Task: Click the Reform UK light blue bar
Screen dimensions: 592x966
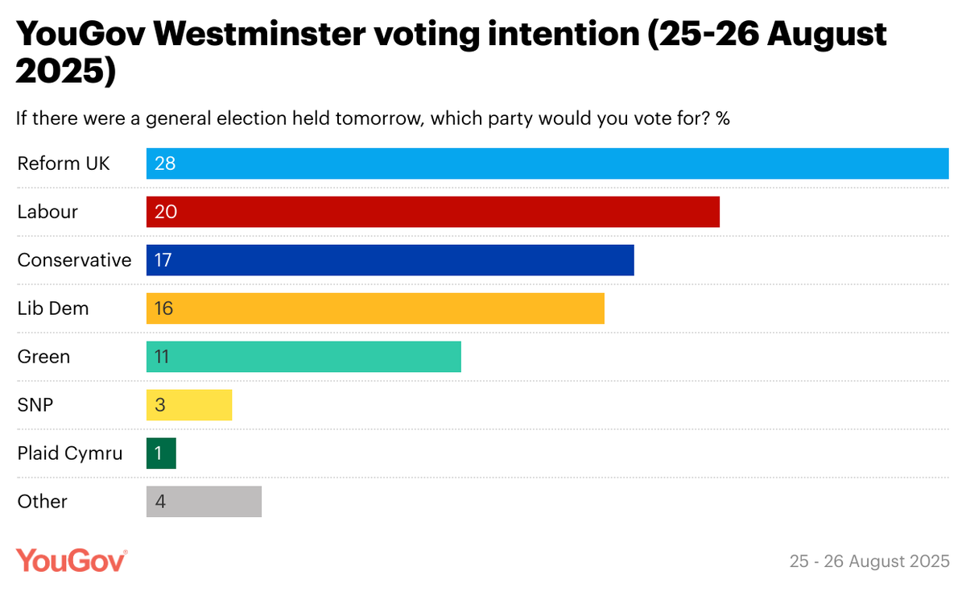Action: pos(547,164)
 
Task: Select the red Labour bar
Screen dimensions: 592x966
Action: pos(432,212)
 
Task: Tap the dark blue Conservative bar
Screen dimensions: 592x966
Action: pos(390,260)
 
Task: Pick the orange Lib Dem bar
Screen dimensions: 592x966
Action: pos(375,308)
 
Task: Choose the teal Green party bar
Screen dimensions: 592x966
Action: pos(303,357)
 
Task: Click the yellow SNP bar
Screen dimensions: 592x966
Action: pos(189,405)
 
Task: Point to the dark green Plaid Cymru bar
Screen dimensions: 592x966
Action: pos(161,453)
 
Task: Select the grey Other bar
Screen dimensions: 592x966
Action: pos(204,502)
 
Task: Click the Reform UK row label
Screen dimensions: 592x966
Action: pos(64,164)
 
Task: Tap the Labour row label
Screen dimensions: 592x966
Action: pos(47,212)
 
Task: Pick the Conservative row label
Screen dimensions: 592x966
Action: pos(74,260)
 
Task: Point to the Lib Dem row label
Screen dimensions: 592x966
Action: pos(53,308)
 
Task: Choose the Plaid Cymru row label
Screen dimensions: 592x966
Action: pos(70,453)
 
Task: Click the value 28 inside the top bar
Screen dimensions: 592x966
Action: pos(165,164)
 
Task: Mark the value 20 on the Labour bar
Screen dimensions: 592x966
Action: pos(165,212)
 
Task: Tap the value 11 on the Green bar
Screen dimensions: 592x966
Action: pos(162,357)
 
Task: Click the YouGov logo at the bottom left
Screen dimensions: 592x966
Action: pos(72,560)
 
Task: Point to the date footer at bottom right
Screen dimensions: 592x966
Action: pos(869,561)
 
